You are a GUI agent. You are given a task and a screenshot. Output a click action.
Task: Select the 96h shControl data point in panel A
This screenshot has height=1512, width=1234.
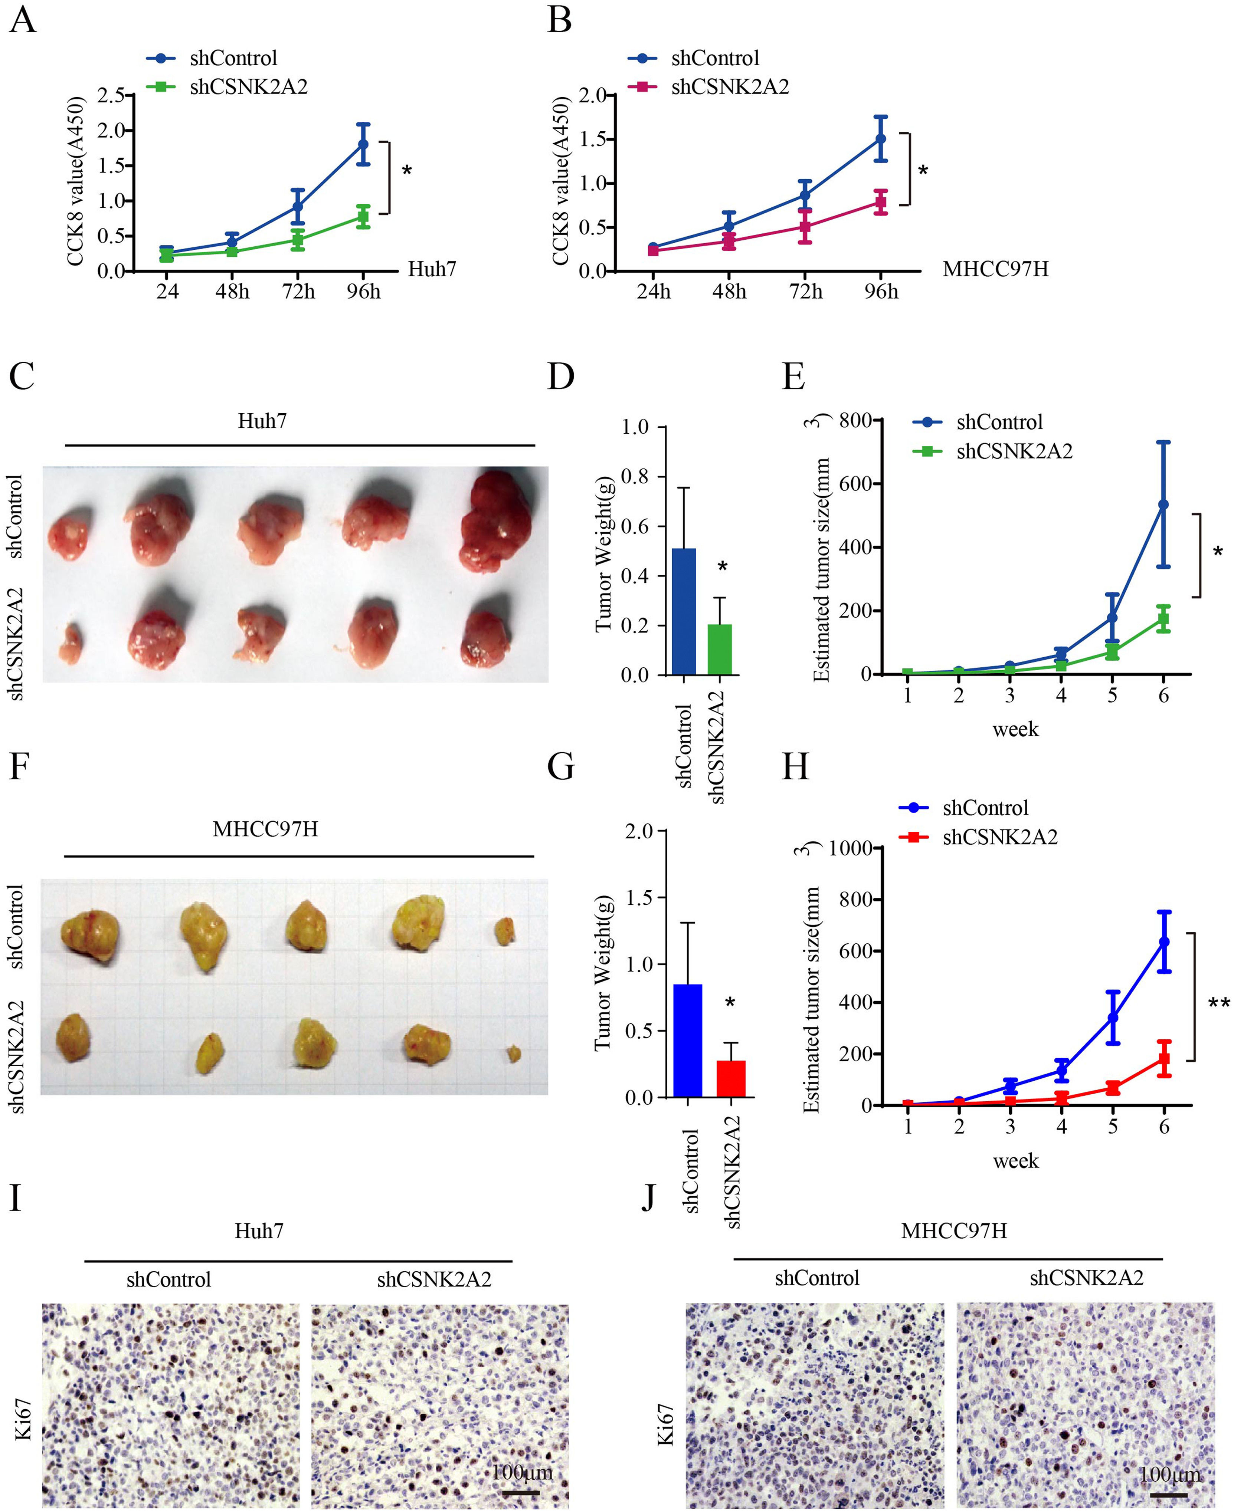click(x=363, y=144)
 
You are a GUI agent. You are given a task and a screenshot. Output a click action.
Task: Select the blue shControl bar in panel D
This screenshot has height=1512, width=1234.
click(x=684, y=611)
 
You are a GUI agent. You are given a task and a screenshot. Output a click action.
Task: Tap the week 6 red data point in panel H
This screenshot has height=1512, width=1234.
click(x=1163, y=1059)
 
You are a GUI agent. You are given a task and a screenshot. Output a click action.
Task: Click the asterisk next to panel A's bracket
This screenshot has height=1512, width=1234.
click(x=407, y=171)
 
